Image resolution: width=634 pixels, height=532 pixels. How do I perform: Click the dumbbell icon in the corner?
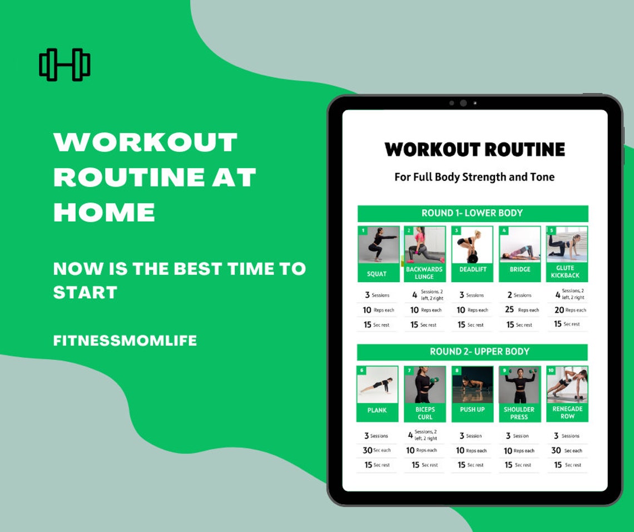coord(65,65)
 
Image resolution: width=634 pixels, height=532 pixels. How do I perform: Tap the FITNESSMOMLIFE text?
coord(125,341)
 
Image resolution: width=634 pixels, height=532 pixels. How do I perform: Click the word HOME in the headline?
coord(104,213)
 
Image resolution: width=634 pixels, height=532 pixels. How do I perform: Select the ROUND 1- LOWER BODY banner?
coord(472,213)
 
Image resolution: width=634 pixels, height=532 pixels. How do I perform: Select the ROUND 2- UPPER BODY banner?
coord(472,352)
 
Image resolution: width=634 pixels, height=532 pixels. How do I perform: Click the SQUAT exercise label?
coord(377,274)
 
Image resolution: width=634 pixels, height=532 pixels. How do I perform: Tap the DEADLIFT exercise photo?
coord(472,245)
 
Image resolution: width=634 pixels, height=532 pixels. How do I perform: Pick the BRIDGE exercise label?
coord(519,269)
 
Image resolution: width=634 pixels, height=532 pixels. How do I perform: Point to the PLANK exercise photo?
coord(377,385)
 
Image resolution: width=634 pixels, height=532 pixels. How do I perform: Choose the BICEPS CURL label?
coord(425,413)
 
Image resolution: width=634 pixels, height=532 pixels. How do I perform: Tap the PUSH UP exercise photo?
coord(472,385)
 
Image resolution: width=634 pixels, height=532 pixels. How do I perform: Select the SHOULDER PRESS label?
coord(519,413)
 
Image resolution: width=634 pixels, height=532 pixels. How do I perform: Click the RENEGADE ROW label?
coord(567,412)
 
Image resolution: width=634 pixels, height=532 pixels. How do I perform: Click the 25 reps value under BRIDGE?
coord(509,310)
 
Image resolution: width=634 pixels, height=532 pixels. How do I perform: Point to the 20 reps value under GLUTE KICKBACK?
coord(559,310)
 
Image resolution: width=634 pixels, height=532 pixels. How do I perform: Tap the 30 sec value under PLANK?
coord(368,450)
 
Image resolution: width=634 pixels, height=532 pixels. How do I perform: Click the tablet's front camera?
coord(463,103)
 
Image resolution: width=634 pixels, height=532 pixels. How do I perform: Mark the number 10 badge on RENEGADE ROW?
coord(551,371)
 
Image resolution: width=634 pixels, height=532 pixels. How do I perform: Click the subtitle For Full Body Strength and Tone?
coord(474,178)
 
